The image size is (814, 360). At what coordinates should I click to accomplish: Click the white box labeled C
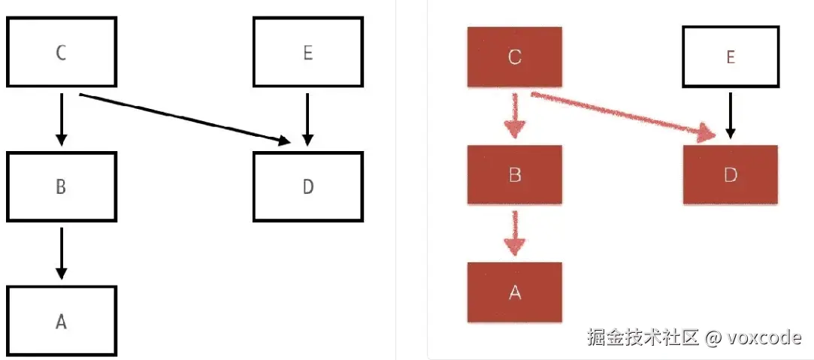62,53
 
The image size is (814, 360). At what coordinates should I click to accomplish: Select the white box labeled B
62,186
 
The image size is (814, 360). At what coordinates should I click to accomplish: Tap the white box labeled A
62,321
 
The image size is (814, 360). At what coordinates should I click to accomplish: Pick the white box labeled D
308,186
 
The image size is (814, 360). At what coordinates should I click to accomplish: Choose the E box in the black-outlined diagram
308,53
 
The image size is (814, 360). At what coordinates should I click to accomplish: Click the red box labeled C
515,57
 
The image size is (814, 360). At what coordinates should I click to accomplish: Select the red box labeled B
515,174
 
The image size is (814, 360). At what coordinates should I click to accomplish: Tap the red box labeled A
515,292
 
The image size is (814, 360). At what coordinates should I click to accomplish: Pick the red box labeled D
730,174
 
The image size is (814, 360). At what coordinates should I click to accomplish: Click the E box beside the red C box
730,57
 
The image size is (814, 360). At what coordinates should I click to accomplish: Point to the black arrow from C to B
62,118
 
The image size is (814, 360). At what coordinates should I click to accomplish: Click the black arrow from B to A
62,253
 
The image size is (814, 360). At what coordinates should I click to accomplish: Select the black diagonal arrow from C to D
184,117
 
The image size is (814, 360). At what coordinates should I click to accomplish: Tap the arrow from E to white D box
307,118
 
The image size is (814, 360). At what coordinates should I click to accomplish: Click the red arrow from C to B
515,115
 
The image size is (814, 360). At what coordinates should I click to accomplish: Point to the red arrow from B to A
515,233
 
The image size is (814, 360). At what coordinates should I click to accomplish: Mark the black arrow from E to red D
730,115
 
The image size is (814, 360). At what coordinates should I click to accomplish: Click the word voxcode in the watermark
765,337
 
